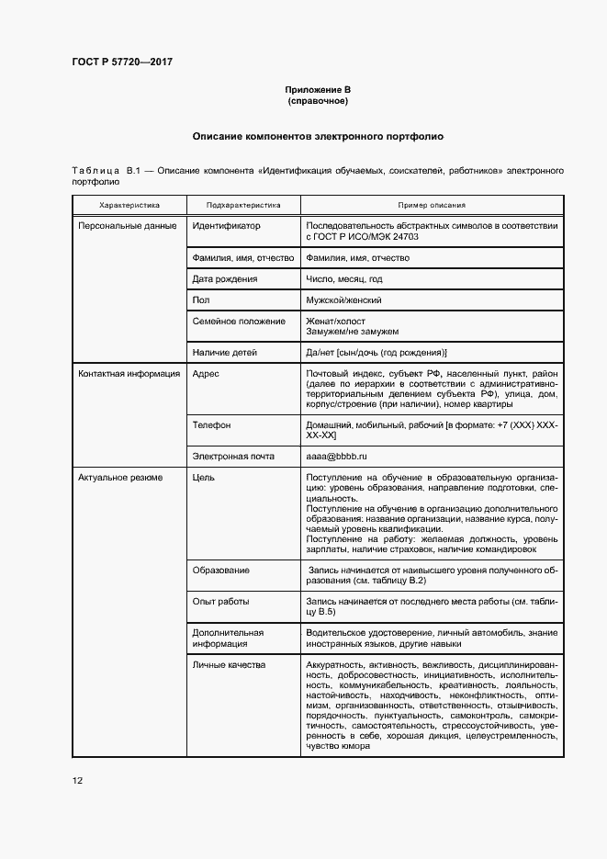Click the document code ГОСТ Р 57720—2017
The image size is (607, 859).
point(122,62)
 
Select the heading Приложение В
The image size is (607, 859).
point(318,89)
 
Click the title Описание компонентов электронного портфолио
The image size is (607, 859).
point(318,136)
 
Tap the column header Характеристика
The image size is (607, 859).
point(129,205)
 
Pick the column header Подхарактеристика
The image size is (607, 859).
point(243,205)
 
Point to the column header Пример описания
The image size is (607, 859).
point(431,205)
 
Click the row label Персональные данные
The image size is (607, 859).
point(127,225)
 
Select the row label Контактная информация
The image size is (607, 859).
point(129,374)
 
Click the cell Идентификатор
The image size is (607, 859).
point(226,225)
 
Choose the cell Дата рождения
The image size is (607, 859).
point(225,278)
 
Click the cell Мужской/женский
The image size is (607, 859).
point(343,300)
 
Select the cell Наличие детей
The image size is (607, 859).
point(225,352)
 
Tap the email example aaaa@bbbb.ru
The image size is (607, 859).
point(336,456)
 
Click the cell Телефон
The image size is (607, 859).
point(211,425)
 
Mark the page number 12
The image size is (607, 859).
point(77,781)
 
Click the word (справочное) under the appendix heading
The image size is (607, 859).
point(318,100)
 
